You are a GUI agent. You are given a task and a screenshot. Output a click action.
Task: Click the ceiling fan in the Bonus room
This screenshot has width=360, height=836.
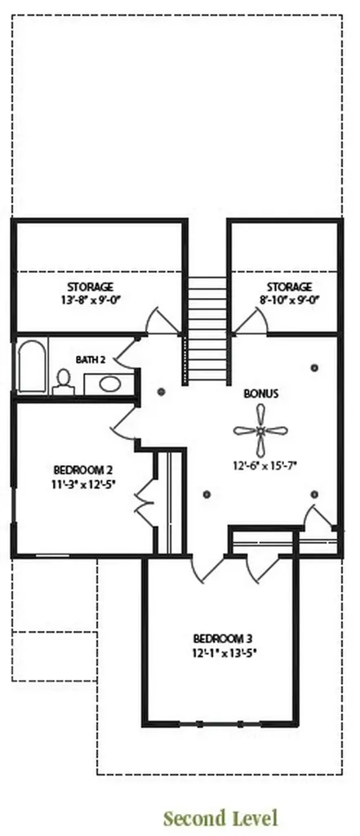click(x=260, y=430)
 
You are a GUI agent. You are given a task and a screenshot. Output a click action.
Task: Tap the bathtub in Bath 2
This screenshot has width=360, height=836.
click(x=32, y=367)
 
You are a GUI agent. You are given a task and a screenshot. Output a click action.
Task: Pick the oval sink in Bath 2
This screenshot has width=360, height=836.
click(x=109, y=384)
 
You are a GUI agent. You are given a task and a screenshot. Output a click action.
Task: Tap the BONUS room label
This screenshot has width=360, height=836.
click(x=260, y=394)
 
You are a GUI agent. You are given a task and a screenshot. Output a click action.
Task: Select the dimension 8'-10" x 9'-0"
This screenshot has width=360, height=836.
click(x=289, y=300)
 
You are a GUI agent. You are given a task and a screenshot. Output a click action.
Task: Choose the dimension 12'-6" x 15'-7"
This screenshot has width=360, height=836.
click(x=264, y=465)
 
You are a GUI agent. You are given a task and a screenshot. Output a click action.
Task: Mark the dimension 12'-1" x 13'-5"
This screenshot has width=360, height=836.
click(x=222, y=651)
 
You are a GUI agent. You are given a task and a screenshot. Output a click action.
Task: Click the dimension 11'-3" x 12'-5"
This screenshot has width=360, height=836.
click(x=84, y=484)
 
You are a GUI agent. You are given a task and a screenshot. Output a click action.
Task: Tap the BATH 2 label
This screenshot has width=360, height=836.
click(x=90, y=360)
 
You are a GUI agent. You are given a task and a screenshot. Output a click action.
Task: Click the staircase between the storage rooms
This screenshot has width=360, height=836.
click(x=207, y=328)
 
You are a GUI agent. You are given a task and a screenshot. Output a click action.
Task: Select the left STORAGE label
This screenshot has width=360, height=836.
click(x=90, y=287)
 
